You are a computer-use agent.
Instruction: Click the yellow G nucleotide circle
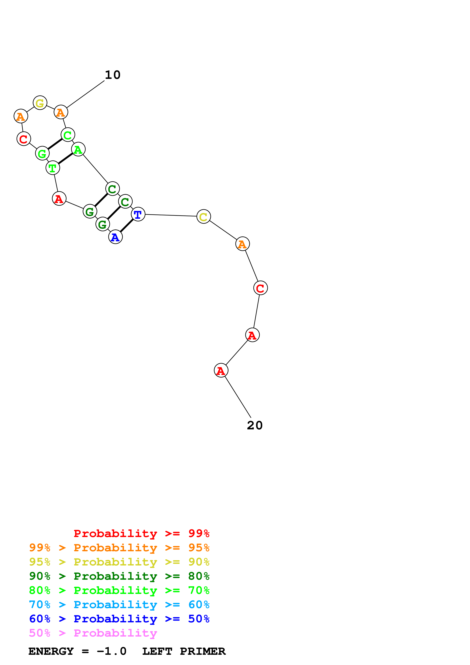click(40, 103)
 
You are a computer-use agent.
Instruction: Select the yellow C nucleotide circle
click(204, 216)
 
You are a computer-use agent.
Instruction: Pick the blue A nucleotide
click(115, 237)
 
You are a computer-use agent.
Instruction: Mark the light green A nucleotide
click(78, 149)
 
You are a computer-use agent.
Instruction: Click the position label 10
click(113, 75)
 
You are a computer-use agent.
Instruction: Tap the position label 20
click(255, 425)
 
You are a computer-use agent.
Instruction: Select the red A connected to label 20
click(221, 370)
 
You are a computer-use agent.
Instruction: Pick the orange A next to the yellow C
click(242, 244)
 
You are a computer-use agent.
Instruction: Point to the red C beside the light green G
click(24, 139)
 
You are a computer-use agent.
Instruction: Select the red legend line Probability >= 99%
click(141, 533)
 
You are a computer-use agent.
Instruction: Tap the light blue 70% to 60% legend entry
click(119, 605)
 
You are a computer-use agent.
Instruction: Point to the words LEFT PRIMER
click(184, 651)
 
